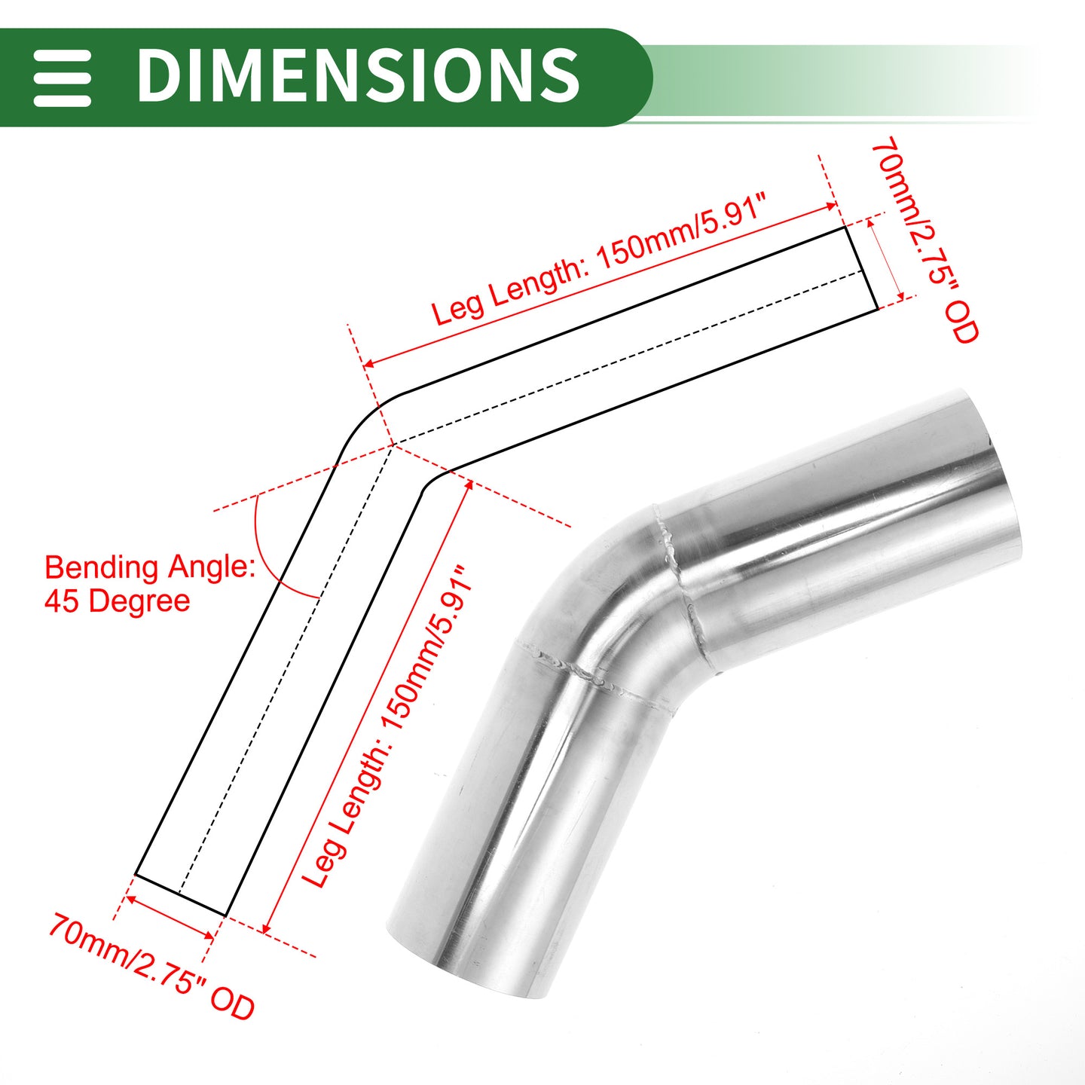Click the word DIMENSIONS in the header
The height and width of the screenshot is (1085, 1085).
(358, 75)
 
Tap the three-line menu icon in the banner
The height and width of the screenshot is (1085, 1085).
(62, 78)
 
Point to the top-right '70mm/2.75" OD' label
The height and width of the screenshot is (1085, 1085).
(926, 240)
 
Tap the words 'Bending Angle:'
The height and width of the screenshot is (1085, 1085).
(150, 567)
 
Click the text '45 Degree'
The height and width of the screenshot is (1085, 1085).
(117, 601)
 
